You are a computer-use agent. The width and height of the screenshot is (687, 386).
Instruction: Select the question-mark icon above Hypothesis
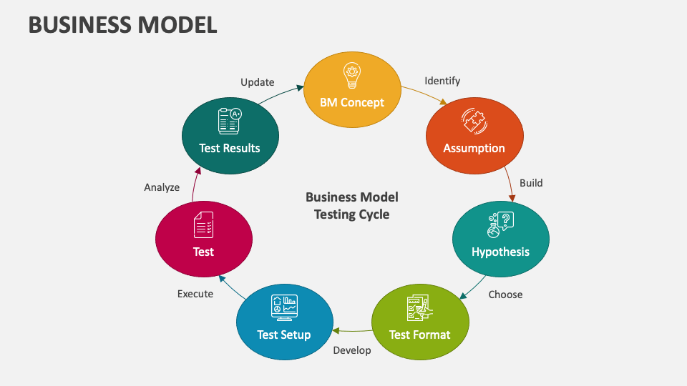[500, 225]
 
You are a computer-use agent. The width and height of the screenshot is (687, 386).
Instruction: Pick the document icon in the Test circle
[203, 225]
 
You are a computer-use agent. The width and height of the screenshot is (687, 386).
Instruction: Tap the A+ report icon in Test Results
[230, 119]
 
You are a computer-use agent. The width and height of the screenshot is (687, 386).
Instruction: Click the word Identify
[442, 81]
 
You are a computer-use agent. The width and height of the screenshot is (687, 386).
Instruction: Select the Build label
[531, 183]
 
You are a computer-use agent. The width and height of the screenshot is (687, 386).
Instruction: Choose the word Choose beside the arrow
[505, 295]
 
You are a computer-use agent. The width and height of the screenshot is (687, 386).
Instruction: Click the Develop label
[352, 350]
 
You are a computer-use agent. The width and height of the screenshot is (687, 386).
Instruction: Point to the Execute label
[195, 294]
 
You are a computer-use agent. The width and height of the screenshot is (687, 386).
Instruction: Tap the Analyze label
[162, 187]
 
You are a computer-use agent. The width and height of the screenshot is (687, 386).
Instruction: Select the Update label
[258, 82]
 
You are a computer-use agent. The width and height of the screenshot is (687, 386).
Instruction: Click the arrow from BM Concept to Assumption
[424, 96]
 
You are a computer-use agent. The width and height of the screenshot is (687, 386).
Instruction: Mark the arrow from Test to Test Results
[195, 184]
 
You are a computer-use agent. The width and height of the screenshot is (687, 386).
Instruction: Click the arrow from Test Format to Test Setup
[351, 330]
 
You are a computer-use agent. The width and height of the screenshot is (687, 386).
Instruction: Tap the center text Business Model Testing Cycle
[351, 205]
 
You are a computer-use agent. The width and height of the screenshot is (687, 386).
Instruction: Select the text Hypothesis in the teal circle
[500, 252]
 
